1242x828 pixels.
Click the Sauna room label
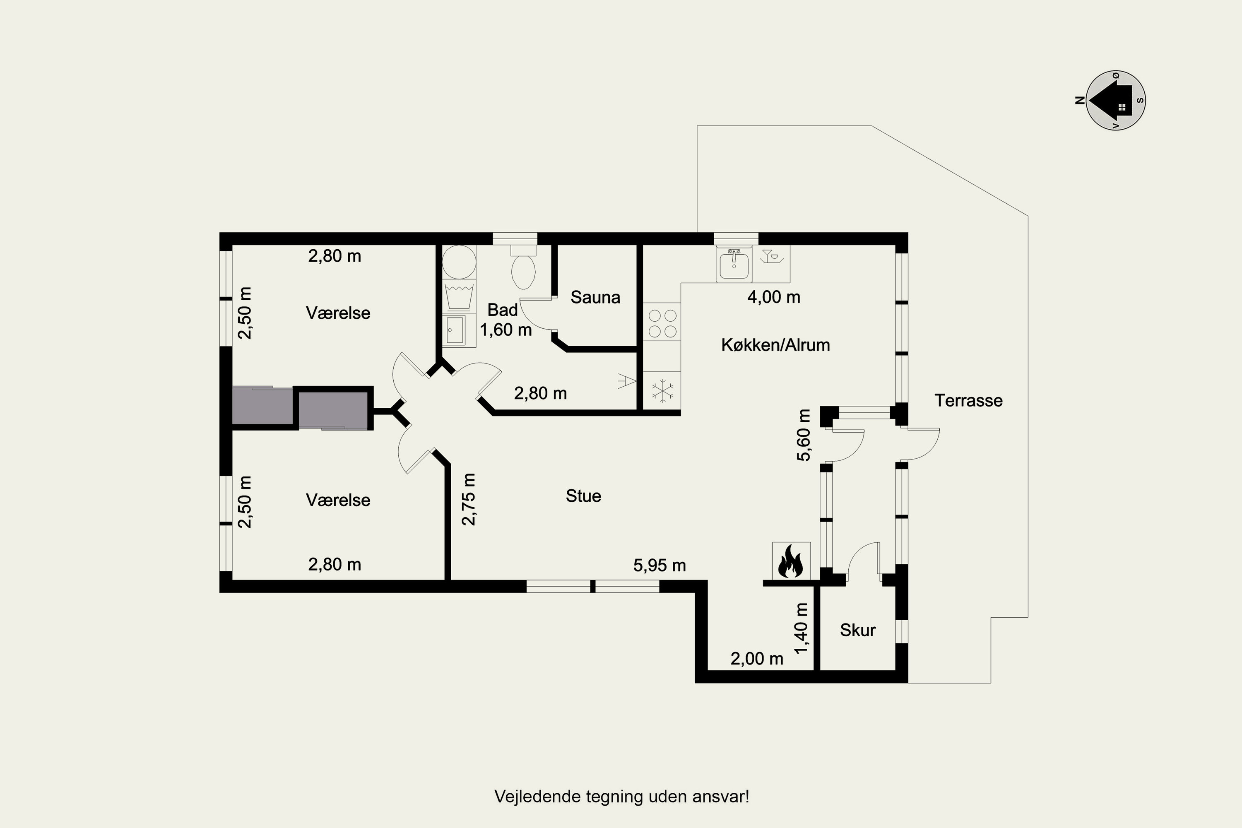tap(595, 297)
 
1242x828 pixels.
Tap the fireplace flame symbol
tap(790, 561)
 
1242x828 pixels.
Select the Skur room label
tap(857, 630)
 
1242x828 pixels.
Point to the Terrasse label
tap(968, 400)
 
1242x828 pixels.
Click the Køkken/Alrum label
tap(775, 345)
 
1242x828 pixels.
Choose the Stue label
tap(583, 496)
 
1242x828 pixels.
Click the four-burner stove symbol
tap(662, 323)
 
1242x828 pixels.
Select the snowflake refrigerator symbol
tap(662, 391)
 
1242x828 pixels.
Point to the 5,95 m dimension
tap(660, 566)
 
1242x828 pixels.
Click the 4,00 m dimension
tap(774, 297)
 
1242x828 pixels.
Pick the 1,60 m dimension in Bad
tap(505, 330)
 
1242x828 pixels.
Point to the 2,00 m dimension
tap(757, 659)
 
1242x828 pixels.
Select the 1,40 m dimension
tap(801, 628)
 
